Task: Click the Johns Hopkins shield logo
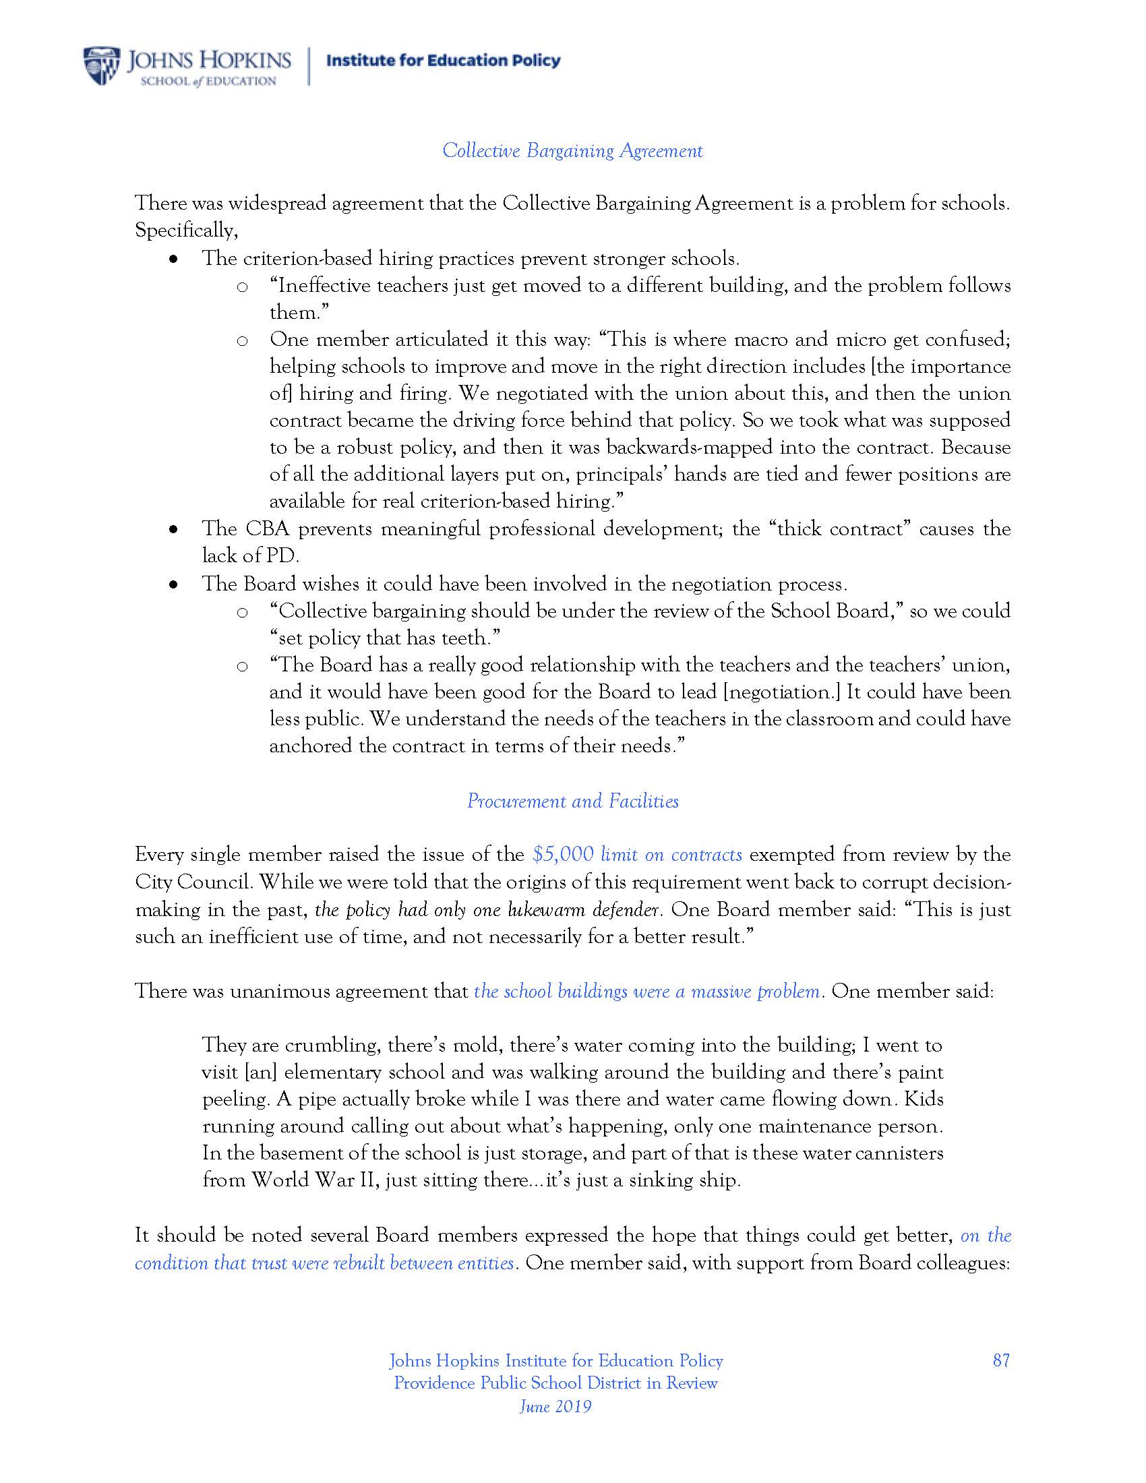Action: [x=102, y=66]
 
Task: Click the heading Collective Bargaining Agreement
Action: [x=572, y=150]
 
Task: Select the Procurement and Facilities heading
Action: [x=572, y=801]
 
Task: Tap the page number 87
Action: [x=1000, y=1360]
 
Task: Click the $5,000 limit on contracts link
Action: [x=637, y=854]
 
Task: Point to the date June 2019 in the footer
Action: [x=555, y=1406]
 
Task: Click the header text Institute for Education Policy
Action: [x=444, y=61]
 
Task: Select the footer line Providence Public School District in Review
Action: [x=555, y=1383]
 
